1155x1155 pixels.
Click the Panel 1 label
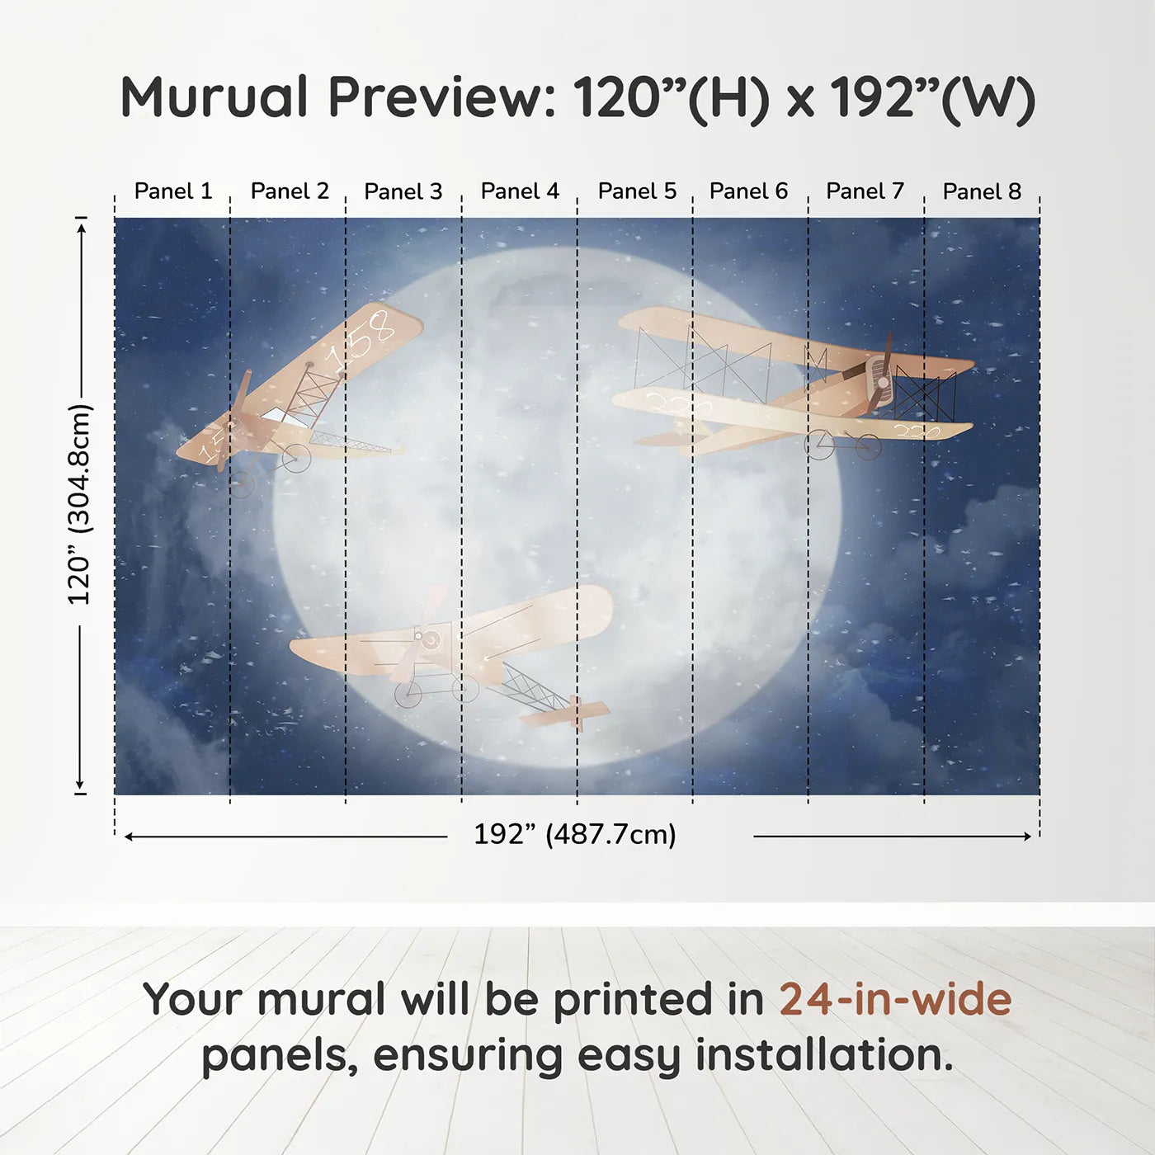tap(173, 191)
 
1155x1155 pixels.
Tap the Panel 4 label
tap(520, 191)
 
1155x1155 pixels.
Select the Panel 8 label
tap(982, 191)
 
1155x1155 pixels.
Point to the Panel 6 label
tap(748, 191)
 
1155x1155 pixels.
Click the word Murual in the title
tap(214, 97)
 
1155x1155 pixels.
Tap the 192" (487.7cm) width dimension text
tap(575, 835)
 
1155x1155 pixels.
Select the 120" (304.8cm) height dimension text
tap(80, 504)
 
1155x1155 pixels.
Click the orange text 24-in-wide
tap(895, 1000)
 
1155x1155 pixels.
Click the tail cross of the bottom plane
tap(577, 712)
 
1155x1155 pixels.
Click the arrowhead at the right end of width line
tap(1027, 837)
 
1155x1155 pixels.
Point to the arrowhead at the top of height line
tap(81, 226)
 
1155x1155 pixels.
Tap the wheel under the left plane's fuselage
tap(296, 458)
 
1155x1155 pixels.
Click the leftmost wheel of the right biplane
tap(820, 445)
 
